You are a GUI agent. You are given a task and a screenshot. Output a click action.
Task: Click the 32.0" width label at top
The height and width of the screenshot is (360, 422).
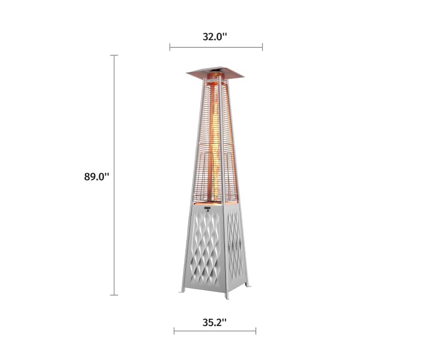point(214,37)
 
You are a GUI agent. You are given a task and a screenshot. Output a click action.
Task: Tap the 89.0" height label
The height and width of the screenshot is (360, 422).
point(97,176)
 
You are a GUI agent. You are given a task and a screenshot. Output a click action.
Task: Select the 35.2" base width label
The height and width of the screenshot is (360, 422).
point(214,322)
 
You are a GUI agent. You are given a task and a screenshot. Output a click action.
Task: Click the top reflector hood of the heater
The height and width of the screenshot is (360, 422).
point(215,73)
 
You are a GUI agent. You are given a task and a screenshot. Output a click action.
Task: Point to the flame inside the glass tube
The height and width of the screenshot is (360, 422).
point(216,144)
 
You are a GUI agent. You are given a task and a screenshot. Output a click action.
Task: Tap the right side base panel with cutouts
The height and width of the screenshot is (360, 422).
point(234,244)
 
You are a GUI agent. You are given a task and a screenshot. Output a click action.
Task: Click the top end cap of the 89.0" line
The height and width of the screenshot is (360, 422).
point(114,56)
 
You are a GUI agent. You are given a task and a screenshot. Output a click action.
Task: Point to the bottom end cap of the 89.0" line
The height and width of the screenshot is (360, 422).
point(114,295)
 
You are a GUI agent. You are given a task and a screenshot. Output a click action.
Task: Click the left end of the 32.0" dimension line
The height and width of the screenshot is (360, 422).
point(170,47)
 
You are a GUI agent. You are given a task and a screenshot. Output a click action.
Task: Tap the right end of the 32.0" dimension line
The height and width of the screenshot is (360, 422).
point(262,47)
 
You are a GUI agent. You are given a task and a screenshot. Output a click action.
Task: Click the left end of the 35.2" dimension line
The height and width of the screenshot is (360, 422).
point(174,331)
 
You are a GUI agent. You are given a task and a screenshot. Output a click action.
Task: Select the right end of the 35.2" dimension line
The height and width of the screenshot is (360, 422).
point(256,331)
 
